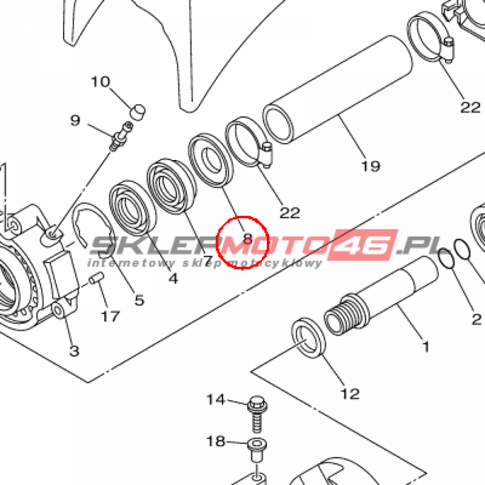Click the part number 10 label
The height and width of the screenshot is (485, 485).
[x=100, y=82]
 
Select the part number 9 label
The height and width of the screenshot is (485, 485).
[x=75, y=120]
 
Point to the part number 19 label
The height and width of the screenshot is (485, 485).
[x=370, y=166]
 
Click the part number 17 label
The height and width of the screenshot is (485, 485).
[x=110, y=316]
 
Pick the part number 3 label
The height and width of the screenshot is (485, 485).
[x=74, y=351]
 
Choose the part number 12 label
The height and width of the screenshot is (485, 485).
[x=350, y=393]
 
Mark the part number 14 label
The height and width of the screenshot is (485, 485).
[x=216, y=400]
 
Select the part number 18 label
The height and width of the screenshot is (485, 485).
[x=216, y=441]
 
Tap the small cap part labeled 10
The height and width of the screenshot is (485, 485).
[x=137, y=112]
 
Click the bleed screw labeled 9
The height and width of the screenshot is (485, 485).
[x=121, y=136]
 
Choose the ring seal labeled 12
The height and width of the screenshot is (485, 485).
[x=308, y=337]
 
